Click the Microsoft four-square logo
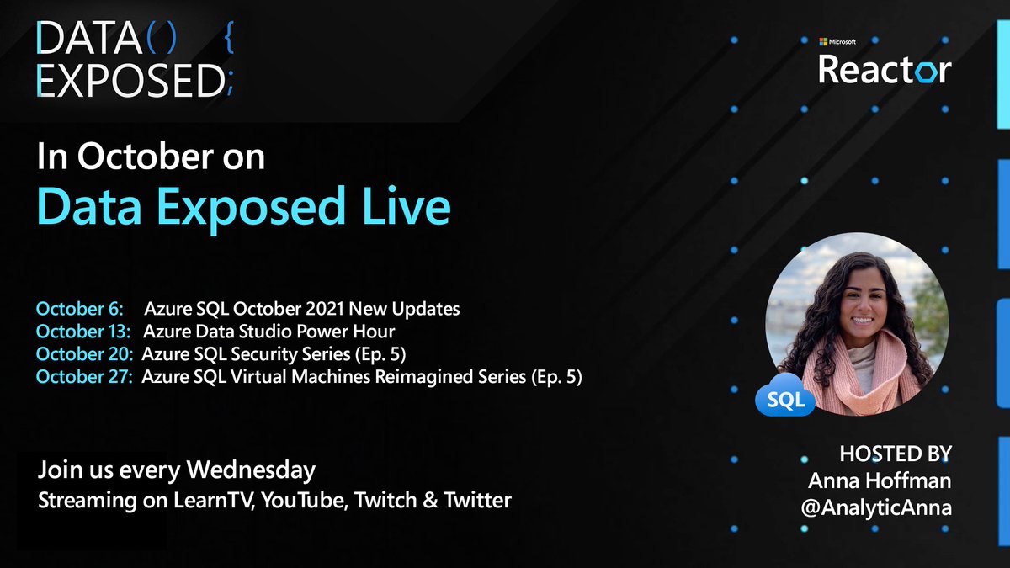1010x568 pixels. [x=825, y=41]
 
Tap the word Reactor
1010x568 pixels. [x=885, y=70]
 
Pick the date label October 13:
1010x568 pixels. [x=84, y=332]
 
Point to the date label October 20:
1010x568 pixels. [x=84, y=354]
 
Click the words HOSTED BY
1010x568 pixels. [x=896, y=454]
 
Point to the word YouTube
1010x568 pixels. [x=305, y=501]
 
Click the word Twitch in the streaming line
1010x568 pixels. [x=383, y=501]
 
